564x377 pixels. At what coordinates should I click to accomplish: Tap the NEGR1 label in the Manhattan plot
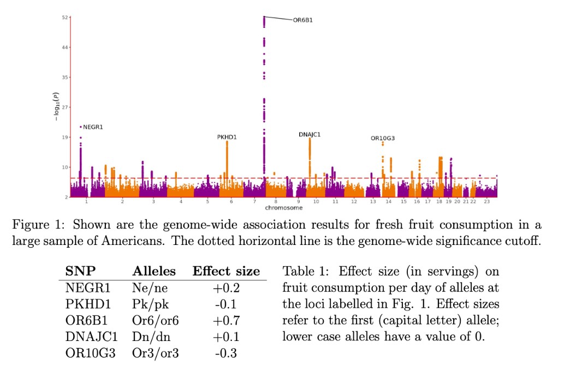click(93, 127)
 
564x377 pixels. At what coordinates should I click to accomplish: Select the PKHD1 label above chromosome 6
click(227, 137)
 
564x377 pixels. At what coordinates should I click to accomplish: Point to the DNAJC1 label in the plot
click(310, 134)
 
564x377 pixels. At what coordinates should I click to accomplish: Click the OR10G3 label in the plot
click(382, 139)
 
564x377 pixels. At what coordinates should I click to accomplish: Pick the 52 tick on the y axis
click(64, 18)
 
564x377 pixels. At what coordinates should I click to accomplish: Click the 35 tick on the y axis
click(64, 77)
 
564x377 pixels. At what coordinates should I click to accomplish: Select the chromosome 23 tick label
click(486, 202)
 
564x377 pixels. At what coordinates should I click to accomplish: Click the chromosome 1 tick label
click(86, 202)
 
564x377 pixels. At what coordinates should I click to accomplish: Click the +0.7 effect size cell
click(226, 321)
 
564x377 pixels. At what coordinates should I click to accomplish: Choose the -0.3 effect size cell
click(226, 354)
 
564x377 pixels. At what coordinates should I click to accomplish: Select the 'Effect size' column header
click(226, 272)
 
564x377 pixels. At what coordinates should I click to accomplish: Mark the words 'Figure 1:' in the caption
click(37, 225)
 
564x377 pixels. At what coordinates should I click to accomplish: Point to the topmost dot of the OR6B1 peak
click(264, 17)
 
